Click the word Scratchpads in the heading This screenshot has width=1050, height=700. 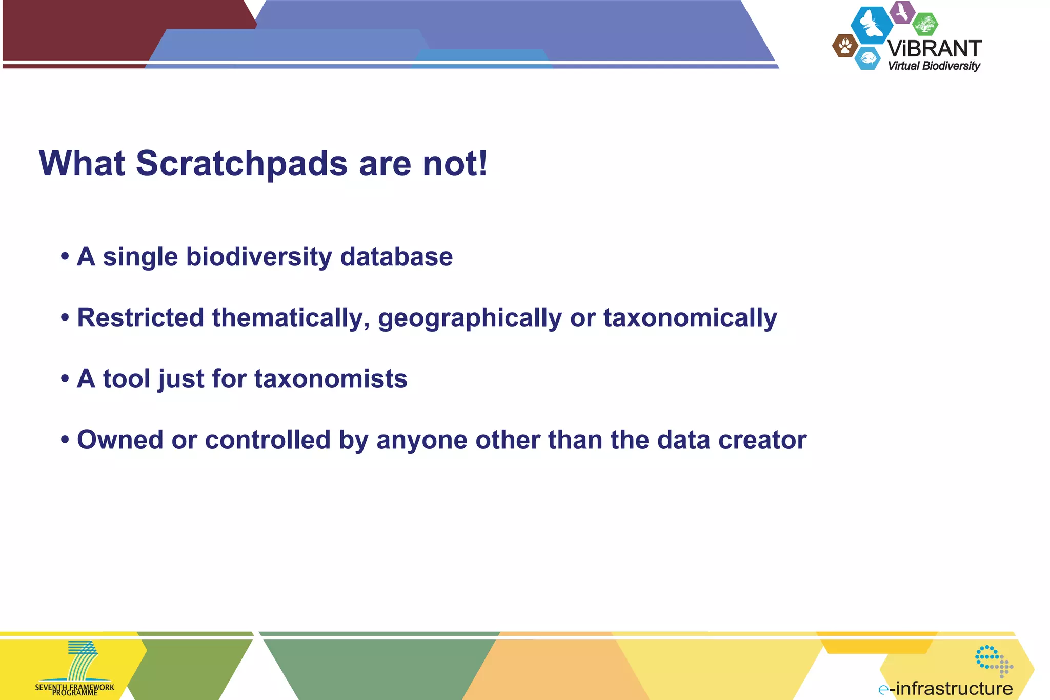click(241, 164)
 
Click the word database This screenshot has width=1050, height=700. click(396, 256)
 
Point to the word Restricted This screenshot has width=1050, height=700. click(140, 317)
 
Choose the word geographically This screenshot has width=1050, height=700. click(470, 318)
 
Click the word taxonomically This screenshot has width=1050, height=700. click(690, 318)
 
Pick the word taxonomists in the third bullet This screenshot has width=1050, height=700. click(331, 379)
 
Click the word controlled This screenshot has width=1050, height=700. click(268, 440)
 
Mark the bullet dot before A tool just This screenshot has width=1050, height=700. click(65, 379)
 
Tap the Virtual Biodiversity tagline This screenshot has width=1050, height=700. click(934, 66)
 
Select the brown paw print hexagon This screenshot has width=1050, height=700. click(845, 46)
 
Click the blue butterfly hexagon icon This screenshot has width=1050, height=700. click(872, 24)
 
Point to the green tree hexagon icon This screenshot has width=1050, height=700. click(925, 24)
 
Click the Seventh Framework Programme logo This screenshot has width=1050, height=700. click(76, 668)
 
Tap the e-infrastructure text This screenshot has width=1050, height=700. click(946, 688)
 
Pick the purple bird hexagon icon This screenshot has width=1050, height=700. click(902, 12)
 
